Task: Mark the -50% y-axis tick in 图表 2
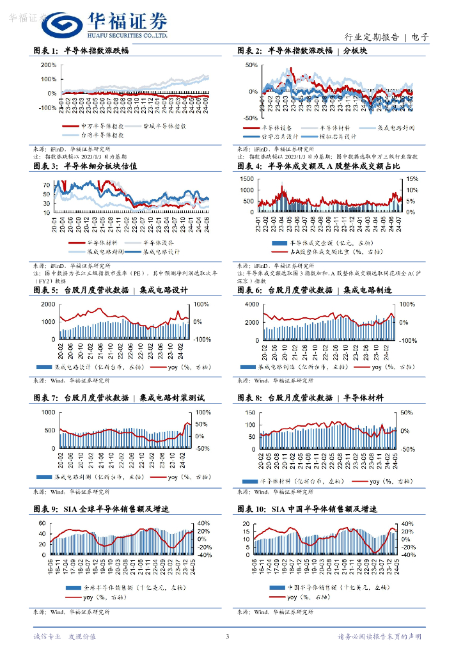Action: pos(250,118)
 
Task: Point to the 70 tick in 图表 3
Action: pos(47,185)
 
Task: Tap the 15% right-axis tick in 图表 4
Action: pos(411,180)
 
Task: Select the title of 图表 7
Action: pos(118,397)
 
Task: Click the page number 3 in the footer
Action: pos(227,636)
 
